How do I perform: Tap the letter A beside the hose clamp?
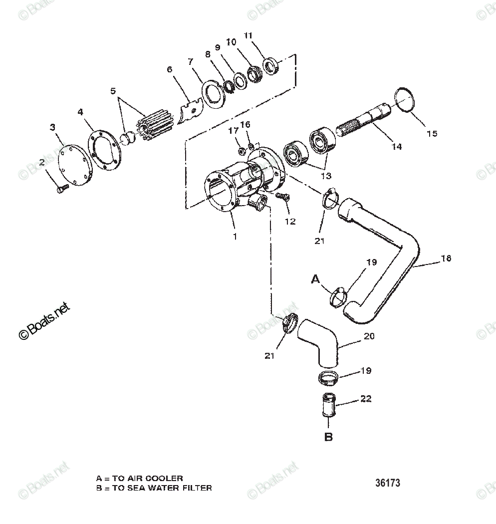(315, 279)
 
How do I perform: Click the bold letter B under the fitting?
(328, 437)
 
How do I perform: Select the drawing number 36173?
(388, 483)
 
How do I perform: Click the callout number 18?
(446, 259)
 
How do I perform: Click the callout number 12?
(290, 221)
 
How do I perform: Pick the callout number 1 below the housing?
(235, 236)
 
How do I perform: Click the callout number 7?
(190, 61)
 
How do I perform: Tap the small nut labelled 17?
(240, 149)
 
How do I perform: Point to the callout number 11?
(248, 35)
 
